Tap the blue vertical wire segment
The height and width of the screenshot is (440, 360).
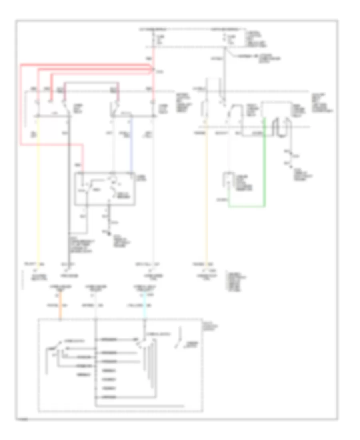132,144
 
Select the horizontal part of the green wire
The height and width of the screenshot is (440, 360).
246,207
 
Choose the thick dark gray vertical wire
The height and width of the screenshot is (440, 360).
68,192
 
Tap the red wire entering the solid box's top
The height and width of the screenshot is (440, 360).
83,160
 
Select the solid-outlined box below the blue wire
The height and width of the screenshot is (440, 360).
105,189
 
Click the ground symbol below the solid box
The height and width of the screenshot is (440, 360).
108,232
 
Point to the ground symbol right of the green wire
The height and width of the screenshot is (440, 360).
288,164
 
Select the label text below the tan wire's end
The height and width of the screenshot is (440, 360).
207,276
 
